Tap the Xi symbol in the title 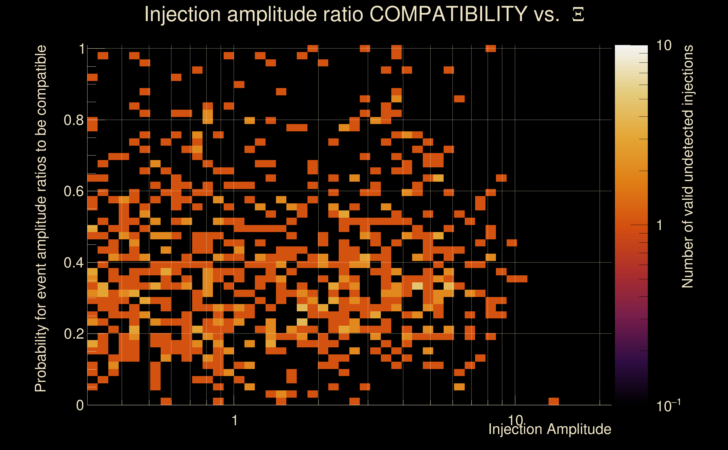point(578,14)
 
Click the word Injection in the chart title point(182,14)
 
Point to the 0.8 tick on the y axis point(73,120)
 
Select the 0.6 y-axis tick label point(73,191)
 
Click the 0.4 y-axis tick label point(73,263)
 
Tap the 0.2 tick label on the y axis point(73,334)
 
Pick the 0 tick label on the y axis point(80,405)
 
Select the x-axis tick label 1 point(235,420)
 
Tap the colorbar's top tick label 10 point(664,46)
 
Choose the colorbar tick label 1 point(660,225)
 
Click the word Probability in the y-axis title point(41,358)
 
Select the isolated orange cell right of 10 point(554,401)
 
